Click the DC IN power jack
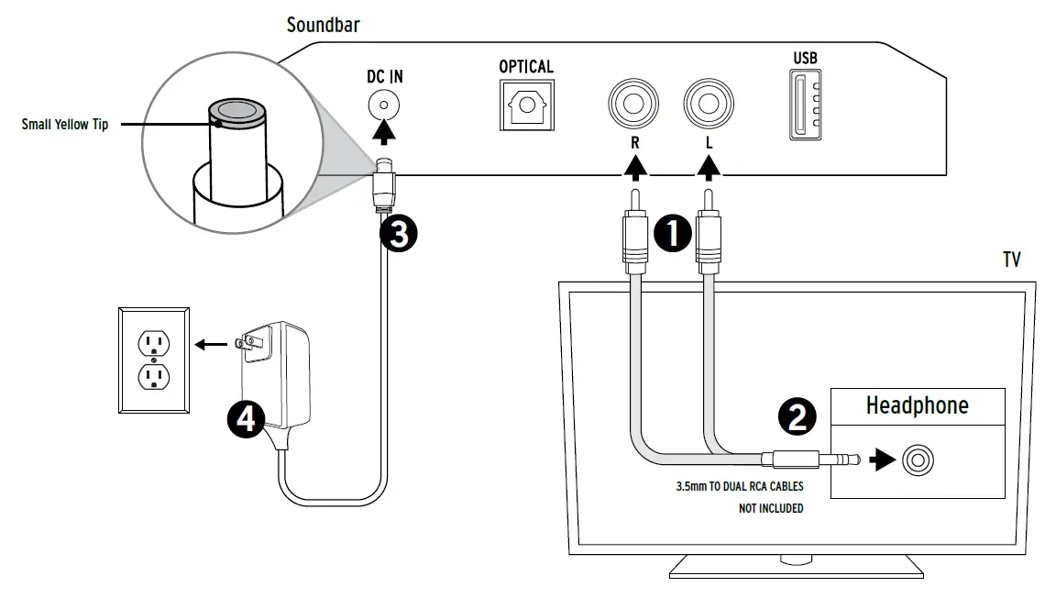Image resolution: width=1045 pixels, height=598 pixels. click(x=384, y=105)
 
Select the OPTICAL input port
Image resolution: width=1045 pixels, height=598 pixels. click(x=526, y=105)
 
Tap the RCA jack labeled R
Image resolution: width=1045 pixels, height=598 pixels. click(x=633, y=104)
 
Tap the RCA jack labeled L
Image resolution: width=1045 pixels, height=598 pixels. click(x=709, y=104)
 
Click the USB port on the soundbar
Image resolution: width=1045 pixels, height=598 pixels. click(x=805, y=105)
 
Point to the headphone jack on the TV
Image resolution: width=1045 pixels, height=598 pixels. click(x=918, y=460)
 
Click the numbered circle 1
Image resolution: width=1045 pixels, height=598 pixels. click(x=673, y=233)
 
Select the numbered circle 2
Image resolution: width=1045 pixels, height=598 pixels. click(x=797, y=416)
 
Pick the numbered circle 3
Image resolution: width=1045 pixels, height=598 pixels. click(x=399, y=234)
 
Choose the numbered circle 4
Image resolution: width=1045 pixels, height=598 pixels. click(x=247, y=419)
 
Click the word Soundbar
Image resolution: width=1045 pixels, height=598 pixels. click(x=324, y=25)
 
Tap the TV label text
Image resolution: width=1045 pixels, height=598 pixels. click(x=1012, y=260)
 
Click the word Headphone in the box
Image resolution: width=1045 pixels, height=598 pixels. click(x=917, y=405)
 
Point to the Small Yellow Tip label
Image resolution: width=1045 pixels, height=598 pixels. click(x=65, y=125)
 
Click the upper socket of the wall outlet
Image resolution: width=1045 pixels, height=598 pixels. click(x=154, y=343)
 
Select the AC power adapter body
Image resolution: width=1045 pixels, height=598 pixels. click(x=275, y=375)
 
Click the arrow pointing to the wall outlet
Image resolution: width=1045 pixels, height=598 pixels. click(x=211, y=345)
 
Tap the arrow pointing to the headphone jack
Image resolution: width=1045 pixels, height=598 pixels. click(x=883, y=460)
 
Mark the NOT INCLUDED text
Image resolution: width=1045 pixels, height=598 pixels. click(x=770, y=508)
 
